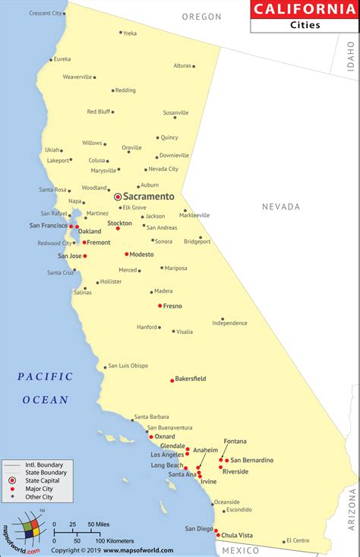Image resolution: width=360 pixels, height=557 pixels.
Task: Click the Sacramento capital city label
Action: [x=149, y=197]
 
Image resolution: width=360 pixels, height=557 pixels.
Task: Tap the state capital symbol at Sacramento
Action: [x=118, y=197]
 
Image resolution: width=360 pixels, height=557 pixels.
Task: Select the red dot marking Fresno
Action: [x=160, y=306]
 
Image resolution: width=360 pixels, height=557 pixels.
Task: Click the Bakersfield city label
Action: [x=191, y=378]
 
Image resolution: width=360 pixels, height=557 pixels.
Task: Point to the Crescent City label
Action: [x=46, y=13]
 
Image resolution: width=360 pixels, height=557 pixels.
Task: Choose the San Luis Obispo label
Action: [x=128, y=366]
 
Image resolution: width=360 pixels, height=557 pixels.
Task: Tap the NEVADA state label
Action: [x=281, y=206]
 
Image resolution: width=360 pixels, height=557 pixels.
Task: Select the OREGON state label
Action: [x=202, y=17]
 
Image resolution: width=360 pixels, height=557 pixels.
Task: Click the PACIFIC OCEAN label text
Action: [x=45, y=388]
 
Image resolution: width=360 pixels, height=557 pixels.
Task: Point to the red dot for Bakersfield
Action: [x=172, y=379]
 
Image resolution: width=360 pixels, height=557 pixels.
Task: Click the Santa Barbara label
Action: [x=150, y=417]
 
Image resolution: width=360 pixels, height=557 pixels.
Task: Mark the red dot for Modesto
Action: [x=126, y=254]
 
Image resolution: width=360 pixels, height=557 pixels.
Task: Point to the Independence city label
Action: [x=230, y=323]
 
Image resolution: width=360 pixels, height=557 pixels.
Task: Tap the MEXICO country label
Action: [x=246, y=549]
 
